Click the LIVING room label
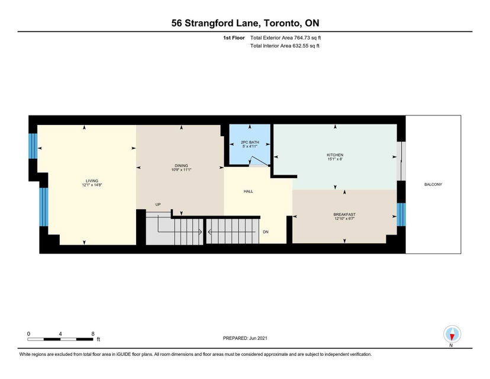[x=92, y=181]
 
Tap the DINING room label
[x=181, y=166]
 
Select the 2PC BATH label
[x=250, y=142]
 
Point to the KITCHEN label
[x=335, y=155]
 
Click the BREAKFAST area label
[x=344, y=214]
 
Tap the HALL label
[x=249, y=191]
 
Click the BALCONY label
[x=433, y=185]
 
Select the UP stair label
[x=158, y=204]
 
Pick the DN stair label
[x=266, y=232]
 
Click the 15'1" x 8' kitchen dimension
[x=335, y=159]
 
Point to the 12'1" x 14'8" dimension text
[x=92, y=185]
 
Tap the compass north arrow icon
[x=452, y=335]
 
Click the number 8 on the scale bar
[x=93, y=333]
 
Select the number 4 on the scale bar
[x=60, y=333]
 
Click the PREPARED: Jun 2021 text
[x=245, y=338]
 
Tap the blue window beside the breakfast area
[x=401, y=214]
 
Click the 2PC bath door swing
[x=260, y=160]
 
